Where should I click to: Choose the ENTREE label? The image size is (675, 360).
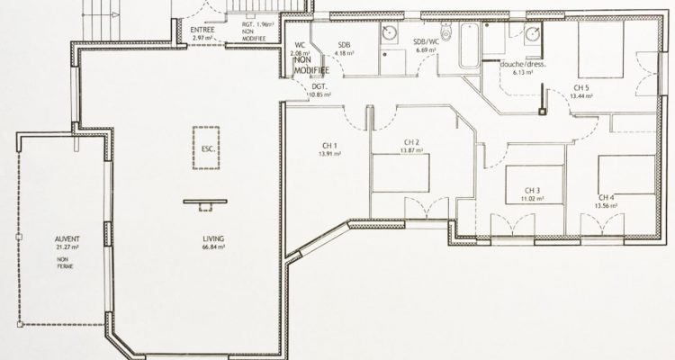200,28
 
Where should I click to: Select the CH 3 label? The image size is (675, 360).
532,190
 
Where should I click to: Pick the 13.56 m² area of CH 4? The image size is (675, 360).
609,204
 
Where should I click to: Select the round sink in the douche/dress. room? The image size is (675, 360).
533,34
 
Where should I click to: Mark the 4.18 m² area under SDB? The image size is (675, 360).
344,52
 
